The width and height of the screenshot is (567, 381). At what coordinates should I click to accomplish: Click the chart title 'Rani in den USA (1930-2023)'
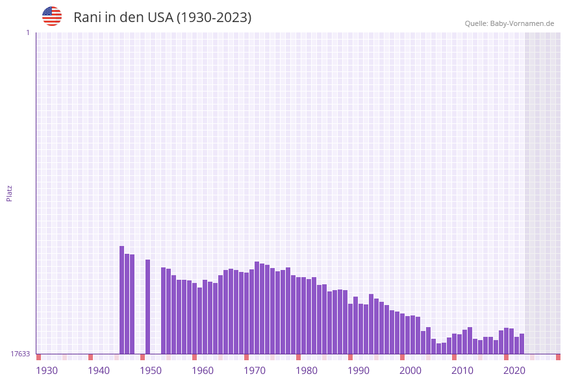click(x=162, y=18)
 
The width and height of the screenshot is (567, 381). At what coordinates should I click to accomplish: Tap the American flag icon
click(x=52, y=16)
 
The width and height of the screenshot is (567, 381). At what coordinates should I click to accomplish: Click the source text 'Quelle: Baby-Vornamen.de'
click(x=509, y=23)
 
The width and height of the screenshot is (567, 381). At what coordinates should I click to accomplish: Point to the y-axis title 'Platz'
click(x=10, y=193)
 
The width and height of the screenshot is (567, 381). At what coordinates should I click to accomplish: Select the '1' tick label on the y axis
click(x=27, y=32)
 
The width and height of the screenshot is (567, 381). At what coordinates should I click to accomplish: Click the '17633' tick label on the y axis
click(x=20, y=354)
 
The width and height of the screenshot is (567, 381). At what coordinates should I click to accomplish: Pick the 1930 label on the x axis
click(x=47, y=371)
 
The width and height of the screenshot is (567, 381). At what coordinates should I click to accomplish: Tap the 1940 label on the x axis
click(x=99, y=371)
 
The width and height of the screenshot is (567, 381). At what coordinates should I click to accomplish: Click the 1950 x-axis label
click(x=151, y=371)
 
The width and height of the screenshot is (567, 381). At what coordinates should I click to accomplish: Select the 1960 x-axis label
click(x=203, y=371)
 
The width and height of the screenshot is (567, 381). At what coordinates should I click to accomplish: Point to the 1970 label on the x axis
click(x=255, y=371)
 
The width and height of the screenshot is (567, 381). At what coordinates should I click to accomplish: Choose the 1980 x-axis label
click(x=307, y=371)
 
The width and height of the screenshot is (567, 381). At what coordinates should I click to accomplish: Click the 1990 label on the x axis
click(x=359, y=371)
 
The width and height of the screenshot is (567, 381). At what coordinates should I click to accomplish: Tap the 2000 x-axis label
click(x=410, y=371)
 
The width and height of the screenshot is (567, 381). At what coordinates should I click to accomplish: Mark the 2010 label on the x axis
click(x=462, y=371)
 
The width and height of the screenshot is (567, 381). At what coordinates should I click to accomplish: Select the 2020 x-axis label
click(x=514, y=371)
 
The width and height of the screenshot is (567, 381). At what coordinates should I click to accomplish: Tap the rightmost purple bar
click(x=522, y=343)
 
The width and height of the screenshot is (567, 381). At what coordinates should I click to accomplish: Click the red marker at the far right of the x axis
click(x=558, y=357)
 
